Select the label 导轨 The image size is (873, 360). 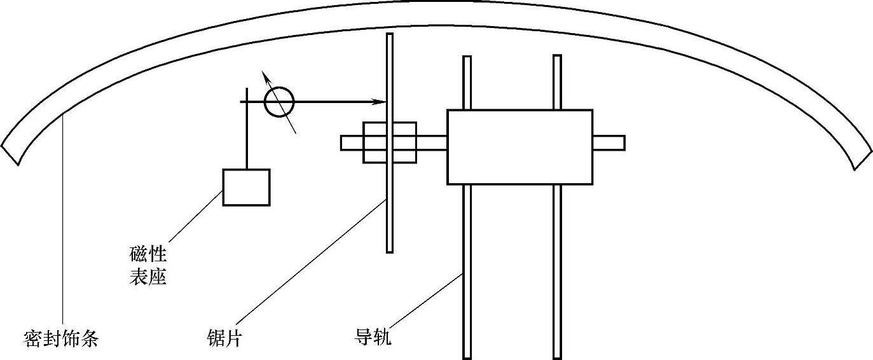(x=373, y=336)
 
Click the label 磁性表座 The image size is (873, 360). (x=148, y=267)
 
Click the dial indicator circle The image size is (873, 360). (x=279, y=102)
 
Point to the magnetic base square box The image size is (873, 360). (x=246, y=187)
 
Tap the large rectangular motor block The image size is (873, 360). (x=519, y=147)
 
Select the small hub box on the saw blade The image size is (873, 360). (x=389, y=142)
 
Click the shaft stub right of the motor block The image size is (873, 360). (x=608, y=143)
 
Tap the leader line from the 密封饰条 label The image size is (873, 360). (x=62, y=223)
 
